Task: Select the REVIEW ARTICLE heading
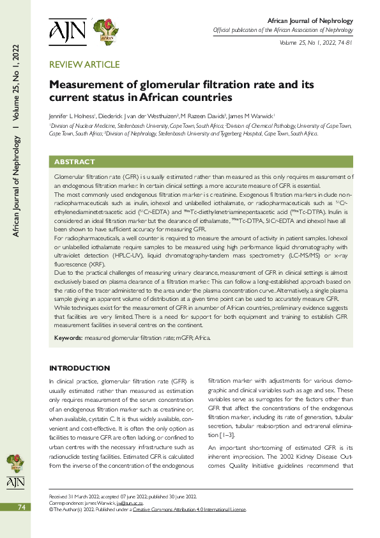84,65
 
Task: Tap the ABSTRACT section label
75,162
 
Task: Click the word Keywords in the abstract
68,337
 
